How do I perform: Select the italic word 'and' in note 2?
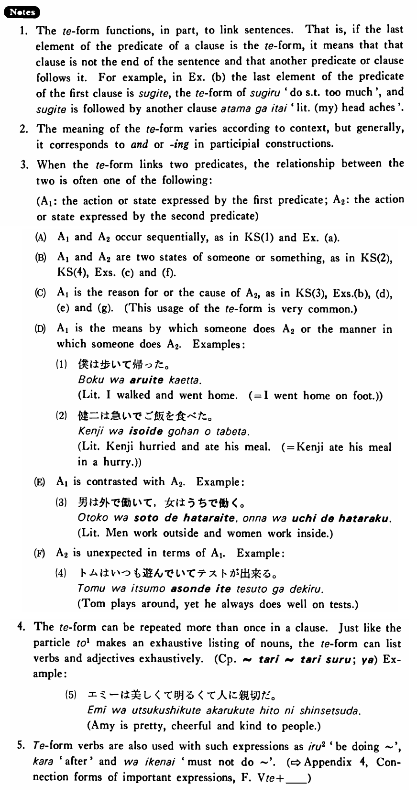(139, 144)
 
